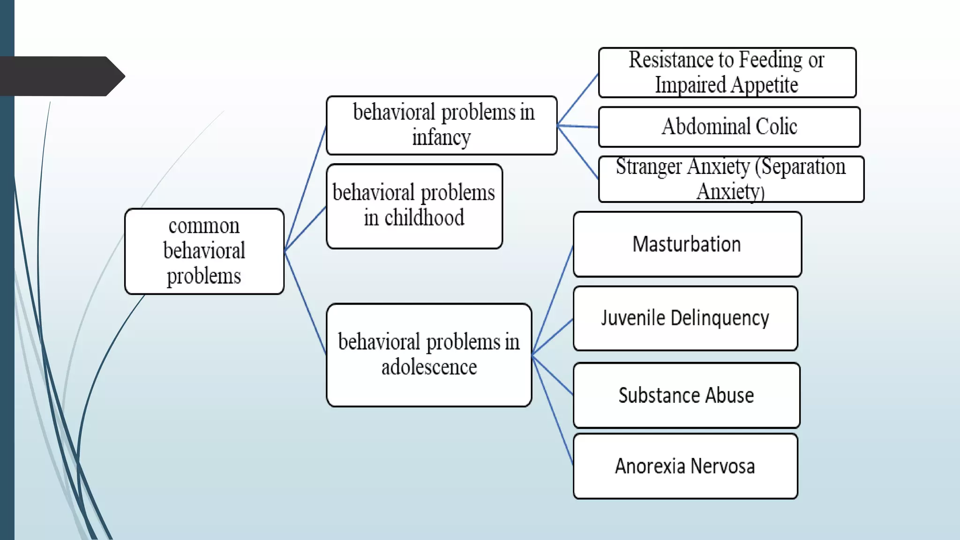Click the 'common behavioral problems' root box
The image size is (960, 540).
(204, 251)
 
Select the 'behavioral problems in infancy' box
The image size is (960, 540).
(442, 125)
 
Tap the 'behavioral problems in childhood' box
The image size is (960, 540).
(414, 206)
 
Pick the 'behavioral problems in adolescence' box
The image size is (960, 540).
(429, 355)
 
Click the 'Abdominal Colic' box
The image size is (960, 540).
(729, 127)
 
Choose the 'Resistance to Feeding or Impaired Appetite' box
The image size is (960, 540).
(727, 73)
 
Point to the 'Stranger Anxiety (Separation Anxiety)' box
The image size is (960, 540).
(731, 179)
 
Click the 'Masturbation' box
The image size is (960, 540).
(687, 244)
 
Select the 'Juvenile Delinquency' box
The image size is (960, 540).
(685, 318)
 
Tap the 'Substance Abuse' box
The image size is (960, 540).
(686, 395)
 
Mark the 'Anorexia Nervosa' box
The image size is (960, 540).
(685, 466)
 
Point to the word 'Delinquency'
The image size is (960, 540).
(720, 318)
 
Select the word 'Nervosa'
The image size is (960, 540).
(723, 466)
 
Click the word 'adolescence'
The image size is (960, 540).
(429, 367)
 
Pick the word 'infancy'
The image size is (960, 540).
(442, 138)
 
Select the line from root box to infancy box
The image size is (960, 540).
(306, 187)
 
